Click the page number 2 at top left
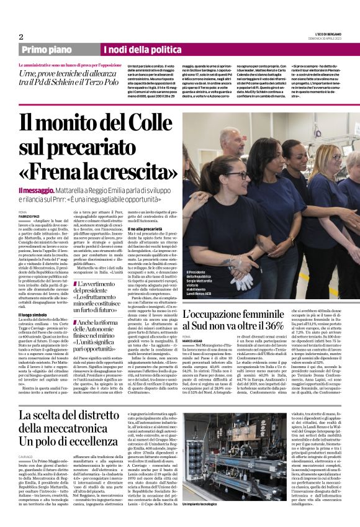point(21,37)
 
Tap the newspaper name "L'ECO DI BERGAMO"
point(325,34)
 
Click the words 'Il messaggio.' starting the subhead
point(36,191)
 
